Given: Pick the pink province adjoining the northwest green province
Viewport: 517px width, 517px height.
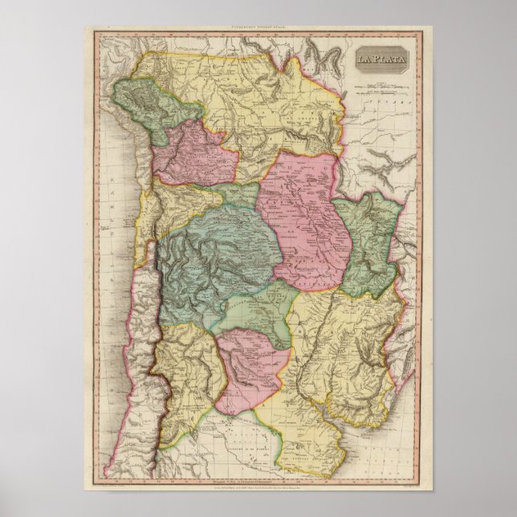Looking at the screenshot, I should [x=191, y=153].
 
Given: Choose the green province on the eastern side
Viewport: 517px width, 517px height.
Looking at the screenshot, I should [x=367, y=241].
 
